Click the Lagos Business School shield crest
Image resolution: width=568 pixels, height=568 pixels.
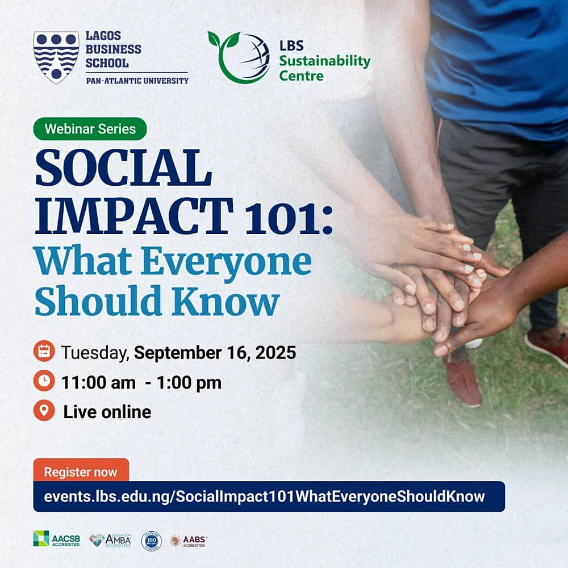56,57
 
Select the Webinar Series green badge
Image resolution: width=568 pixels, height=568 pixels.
90,129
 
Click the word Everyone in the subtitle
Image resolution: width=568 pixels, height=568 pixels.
227,262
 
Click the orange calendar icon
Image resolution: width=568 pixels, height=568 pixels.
44,352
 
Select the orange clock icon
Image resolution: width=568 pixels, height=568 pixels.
44,381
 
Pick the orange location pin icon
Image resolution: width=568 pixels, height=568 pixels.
44,410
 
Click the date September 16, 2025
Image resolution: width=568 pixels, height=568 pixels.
215,353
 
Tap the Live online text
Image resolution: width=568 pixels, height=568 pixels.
107,412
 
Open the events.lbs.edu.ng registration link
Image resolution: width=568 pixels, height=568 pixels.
265,496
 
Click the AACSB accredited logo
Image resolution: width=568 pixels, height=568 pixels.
56,539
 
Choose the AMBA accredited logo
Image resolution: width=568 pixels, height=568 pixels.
110,540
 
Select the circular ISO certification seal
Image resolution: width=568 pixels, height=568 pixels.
151,541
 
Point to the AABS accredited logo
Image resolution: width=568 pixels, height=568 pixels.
189,541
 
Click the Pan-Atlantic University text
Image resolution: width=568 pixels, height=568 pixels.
137,81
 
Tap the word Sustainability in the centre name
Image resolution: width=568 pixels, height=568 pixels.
324,61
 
